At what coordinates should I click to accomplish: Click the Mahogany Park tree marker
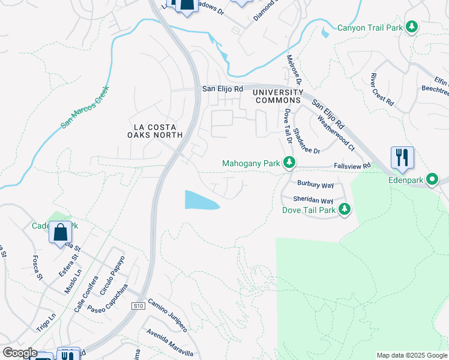point(289,163)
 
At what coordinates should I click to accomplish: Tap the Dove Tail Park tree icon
point(345,209)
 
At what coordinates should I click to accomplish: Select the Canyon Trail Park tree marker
point(412,27)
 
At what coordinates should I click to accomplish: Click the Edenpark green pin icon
point(432,179)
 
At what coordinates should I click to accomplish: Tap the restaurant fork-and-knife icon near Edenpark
point(402,158)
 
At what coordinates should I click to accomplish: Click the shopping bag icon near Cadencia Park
point(60,232)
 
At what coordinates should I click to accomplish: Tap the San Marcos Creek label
point(86,107)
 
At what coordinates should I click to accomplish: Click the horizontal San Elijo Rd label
point(222,89)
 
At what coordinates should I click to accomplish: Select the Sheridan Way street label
point(313,200)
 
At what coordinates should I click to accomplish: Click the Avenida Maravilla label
point(170,342)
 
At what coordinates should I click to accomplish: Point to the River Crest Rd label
point(382,90)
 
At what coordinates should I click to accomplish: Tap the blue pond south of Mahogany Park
point(199,200)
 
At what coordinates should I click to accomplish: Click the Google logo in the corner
point(19,353)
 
